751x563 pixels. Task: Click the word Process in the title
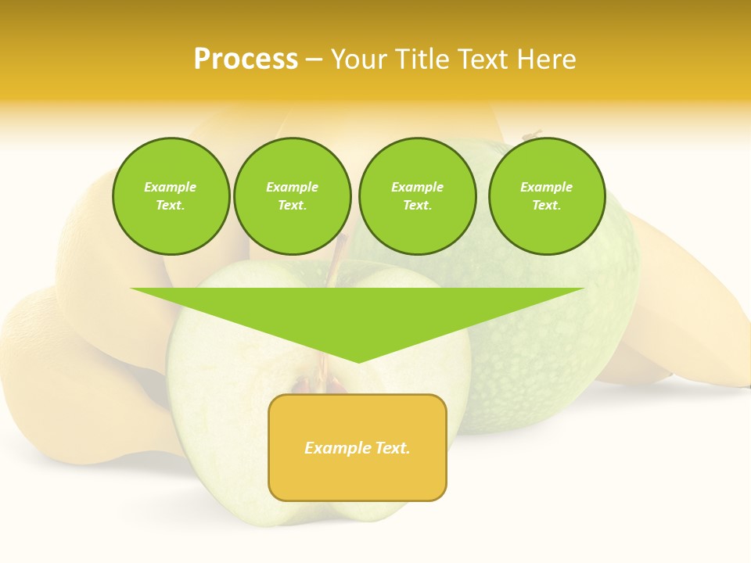[246, 59]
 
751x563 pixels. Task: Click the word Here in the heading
[544, 59]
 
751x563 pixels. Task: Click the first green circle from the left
[171, 196]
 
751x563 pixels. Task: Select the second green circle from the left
[293, 196]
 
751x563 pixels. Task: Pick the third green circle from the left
[417, 196]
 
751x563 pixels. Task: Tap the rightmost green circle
[547, 196]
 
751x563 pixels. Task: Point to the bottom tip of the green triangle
[358, 362]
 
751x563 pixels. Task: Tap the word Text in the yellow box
[392, 448]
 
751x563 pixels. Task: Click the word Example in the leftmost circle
[171, 187]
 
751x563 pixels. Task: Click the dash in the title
[314, 59]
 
